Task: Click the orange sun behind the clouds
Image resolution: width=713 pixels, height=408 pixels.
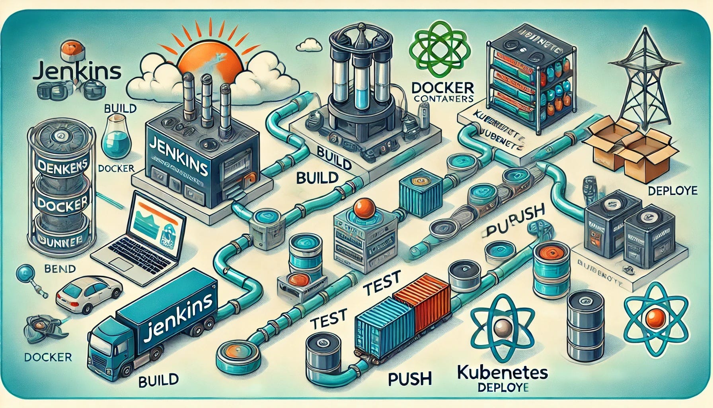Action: (x=207, y=60)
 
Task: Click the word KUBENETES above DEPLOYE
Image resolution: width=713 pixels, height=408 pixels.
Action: (x=502, y=373)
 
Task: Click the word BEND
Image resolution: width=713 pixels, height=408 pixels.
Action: (x=60, y=269)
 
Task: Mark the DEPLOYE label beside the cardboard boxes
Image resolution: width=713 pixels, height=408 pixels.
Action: (x=672, y=191)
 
